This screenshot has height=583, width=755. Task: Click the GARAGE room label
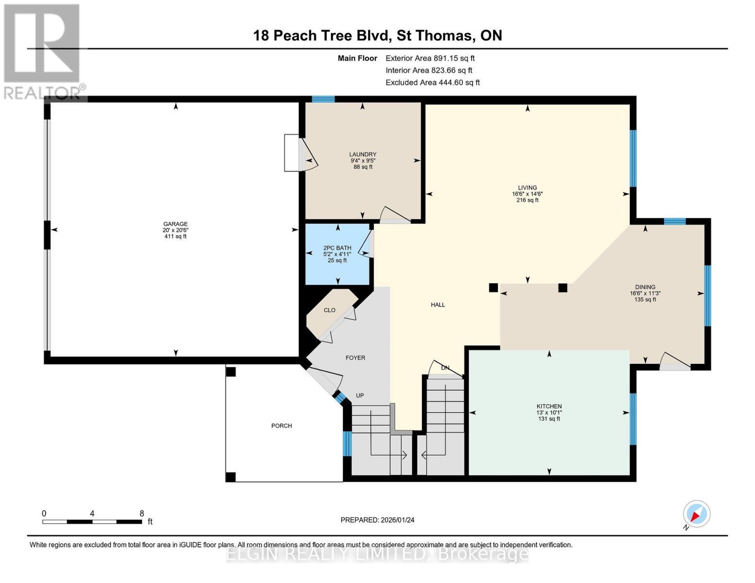click(175, 224)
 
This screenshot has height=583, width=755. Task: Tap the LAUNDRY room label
click(363, 154)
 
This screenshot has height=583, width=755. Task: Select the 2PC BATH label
click(337, 248)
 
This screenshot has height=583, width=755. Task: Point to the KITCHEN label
click(549, 406)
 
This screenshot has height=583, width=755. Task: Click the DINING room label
click(645, 287)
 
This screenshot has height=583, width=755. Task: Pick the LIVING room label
click(527, 188)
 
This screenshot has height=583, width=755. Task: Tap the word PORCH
click(281, 426)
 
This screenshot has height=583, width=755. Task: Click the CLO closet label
click(329, 310)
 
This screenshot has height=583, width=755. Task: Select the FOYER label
click(355, 358)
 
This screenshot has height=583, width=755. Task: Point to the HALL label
click(438, 305)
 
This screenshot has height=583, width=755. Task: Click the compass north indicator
click(696, 514)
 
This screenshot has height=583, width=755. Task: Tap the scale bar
click(92, 521)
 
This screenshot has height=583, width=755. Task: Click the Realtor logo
click(43, 51)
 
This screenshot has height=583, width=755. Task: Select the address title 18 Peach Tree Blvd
click(377, 35)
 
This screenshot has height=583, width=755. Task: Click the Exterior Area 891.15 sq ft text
click(430, 58)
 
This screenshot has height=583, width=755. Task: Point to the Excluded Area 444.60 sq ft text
click(432, 83)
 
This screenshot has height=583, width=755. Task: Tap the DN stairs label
click(445, 368)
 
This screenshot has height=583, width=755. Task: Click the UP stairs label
click(360, 395)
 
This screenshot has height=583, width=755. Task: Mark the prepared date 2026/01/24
click(377, 520)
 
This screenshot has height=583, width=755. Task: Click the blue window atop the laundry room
click(323, 99)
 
